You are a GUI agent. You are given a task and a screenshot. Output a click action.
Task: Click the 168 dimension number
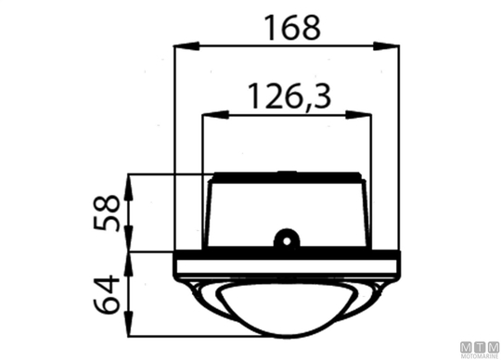click(x=292, y=28)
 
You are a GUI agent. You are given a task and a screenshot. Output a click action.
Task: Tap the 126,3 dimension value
click(x=289, y=96)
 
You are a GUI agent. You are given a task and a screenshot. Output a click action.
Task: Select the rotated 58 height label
click(x=107, y=212)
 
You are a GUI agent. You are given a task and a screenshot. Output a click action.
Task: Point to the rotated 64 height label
click(x=107, y=294)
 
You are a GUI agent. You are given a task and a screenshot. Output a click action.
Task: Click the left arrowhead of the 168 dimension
click(x=186, y=46)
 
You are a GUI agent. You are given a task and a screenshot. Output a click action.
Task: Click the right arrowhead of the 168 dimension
click(x=386, y=46)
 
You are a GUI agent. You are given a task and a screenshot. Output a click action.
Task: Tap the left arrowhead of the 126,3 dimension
click(x=215, y=115)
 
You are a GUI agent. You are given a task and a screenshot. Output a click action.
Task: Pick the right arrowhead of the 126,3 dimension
click(x=358, y=115)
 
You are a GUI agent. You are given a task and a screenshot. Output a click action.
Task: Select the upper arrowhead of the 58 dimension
click(x=128, y=187)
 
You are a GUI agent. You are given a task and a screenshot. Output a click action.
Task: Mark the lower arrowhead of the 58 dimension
click(x=128, y=238)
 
